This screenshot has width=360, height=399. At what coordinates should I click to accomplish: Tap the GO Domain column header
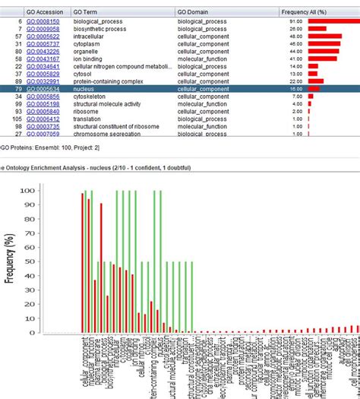(194, 12)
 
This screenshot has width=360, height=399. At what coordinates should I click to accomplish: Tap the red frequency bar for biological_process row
(332, 21)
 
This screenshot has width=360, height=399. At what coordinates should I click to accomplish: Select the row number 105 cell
(15, 119)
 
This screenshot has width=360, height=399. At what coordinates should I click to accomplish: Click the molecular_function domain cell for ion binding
(201, 59)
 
